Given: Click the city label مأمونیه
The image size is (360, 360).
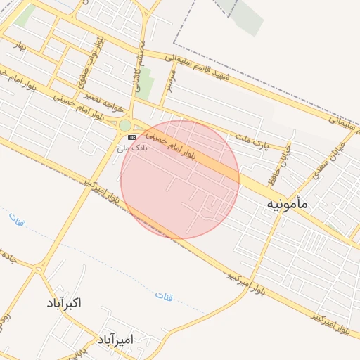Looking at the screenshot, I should tap(288, 204).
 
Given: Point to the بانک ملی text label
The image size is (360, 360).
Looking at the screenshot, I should tap(131, 148).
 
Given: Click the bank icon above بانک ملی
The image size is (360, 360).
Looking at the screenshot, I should tap(131, 138).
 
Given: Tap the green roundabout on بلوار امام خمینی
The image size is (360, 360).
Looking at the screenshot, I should tap(124, 125).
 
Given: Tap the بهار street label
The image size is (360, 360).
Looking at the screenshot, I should tap(20, 47).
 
